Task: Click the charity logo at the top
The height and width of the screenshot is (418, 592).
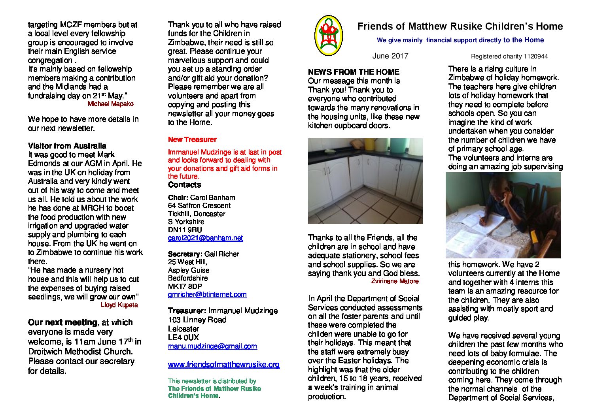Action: click(328, 36)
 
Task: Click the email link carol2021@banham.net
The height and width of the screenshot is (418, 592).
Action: click(205, 238)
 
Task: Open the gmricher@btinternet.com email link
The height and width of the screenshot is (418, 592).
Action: click(207, 294)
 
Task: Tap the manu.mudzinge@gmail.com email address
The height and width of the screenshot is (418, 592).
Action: click(212, 346)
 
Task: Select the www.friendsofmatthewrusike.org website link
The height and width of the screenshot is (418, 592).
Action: click(223, 364)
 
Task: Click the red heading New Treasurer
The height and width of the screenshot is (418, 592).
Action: click(192, 139)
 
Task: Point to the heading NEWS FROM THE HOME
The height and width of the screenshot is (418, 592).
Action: click(354, 72)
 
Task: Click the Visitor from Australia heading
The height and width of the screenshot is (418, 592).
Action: click(67, 146)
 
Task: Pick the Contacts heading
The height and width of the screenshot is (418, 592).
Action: click(184, 185)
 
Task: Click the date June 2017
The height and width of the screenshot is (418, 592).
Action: click(390, 56)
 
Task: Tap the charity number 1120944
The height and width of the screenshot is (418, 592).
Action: click(535, 56)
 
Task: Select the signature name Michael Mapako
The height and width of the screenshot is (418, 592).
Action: click(110, 104)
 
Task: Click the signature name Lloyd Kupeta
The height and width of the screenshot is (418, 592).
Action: click(119, 305)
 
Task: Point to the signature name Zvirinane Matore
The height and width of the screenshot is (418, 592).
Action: click(395, 281)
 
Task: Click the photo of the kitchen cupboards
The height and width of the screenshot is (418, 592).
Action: click(365, 181)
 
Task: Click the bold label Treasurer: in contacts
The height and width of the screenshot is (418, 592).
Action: click(187, 311)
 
